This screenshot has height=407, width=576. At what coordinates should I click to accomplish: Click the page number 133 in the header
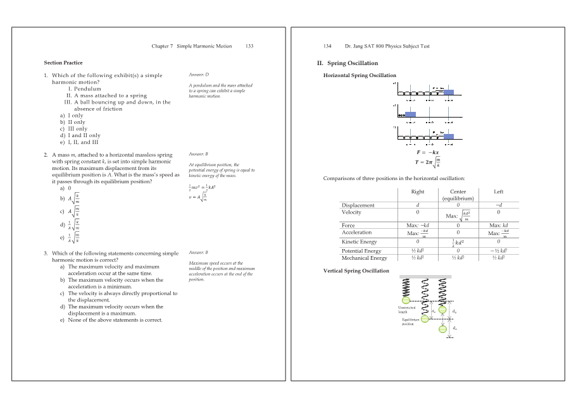tap(249, 46)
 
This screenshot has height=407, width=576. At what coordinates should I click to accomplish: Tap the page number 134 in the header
tap(327, 46)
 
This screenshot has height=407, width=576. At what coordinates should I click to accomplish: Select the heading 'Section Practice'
tap(63, 63)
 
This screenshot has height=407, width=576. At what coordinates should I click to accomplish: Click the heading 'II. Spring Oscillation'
tap(347, 63)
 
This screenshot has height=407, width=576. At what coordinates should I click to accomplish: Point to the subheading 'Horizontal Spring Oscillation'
tap(360, 75)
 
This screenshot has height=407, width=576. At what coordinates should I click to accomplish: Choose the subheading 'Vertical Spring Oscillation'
tap(356, 270)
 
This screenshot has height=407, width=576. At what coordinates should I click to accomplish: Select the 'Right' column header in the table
tap(417, 191)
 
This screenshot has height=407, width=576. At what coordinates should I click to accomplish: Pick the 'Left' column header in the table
tap(499, 191)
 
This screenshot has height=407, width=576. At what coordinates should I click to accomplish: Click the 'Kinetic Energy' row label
tap(359, 241)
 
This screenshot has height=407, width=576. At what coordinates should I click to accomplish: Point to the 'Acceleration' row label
tap(358, 232)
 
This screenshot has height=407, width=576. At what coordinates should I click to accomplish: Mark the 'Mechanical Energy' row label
tap(364, 258)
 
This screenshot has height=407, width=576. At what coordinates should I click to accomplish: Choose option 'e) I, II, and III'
tap(79, 142)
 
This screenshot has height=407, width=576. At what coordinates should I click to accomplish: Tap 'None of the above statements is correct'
tap(115, 320)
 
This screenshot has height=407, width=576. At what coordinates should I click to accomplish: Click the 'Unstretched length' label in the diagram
tap(406, 310)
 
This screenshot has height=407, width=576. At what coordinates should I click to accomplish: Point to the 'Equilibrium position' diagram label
tap(411, 321)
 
